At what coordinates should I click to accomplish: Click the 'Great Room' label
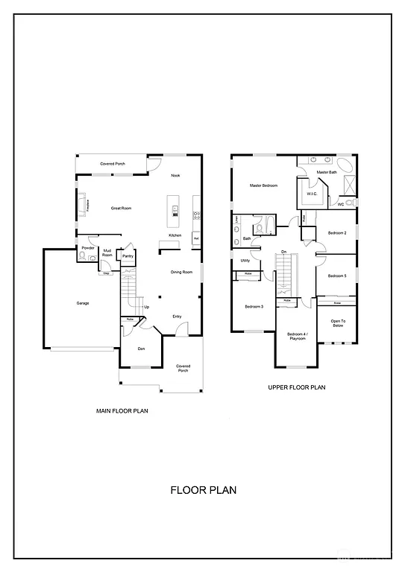pos(121,209)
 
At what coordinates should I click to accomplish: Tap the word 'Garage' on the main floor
pos(83,303)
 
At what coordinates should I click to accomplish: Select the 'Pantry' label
pos(128,256)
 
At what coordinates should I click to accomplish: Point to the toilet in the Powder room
pos(81,258)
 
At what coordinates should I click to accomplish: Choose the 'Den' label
pos(141,348)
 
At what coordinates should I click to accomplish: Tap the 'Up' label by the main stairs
pos(147,307)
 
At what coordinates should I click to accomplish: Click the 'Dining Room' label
pos(181,272)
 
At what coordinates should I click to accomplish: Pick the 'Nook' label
pos(175,176)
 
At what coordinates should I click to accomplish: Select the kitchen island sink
pos(175,209)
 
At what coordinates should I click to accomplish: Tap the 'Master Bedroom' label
pos(264,185)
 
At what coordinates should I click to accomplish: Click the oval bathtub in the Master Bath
pos(345,165)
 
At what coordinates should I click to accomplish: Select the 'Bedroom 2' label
pos(337,233)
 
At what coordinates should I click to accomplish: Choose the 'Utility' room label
pos(245,261)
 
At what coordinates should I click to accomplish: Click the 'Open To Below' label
pos(338,324)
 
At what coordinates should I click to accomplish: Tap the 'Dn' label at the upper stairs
pos(284,252)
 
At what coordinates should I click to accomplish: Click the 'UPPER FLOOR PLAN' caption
pos(296,387)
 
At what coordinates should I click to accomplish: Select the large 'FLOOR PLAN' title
pos(203,490)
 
